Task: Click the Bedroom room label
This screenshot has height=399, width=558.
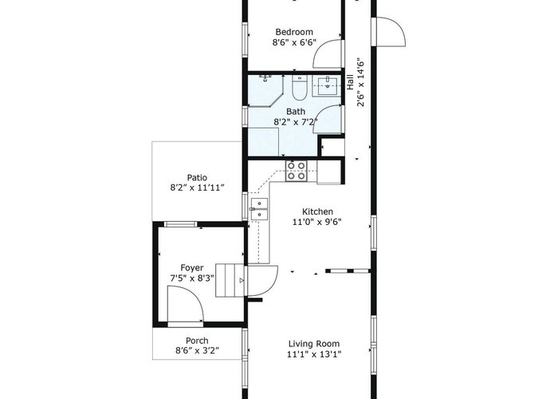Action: coord(294,32)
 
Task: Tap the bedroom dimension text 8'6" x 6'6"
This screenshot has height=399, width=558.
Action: coord(294,43)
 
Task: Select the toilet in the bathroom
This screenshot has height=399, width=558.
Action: coord(299,87)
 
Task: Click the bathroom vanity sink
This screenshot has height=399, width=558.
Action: coord(327,86)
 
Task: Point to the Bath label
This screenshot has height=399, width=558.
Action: coord(296,112)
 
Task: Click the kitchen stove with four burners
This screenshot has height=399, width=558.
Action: coord(296,171)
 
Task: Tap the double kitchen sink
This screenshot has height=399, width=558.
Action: coord(259,209)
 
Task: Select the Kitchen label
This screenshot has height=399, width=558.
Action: coord(317,211)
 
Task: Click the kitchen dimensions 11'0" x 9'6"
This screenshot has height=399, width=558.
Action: coord(317,222)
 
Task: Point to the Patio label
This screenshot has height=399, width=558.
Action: coord(197,177)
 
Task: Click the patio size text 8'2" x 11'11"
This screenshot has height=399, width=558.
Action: coord(197,188)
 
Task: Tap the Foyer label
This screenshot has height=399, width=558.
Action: coord(192,268)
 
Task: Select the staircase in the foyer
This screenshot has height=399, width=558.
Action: coord(230,280)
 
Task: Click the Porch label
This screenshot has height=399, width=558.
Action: coord(197,341)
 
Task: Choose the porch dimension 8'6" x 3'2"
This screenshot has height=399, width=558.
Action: coord(197,350)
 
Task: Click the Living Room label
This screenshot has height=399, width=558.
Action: coord(314,344)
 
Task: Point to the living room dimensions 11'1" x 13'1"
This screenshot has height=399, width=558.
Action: coord(314,354)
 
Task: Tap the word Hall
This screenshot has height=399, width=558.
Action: coord(350,82)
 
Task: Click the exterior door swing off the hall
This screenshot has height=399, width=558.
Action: coord(391,32)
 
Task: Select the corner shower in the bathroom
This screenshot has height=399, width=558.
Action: coord(265,90)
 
